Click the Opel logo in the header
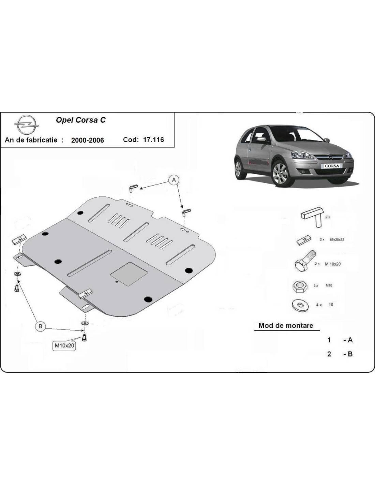[27, 125]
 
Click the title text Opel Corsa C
[81, 120]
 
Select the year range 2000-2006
[88, 140]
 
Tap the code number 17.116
[153, 140]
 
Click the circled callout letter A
[174, 180]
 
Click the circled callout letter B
[40, 326]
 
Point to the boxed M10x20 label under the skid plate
[64, 345]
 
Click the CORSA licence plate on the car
[332, 166]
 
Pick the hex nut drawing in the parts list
[300, 286]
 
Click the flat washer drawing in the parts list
[300, 305]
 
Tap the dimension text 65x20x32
[337, 239]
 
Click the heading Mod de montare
[286, 325]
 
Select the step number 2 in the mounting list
[329, 354]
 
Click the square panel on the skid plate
[129, 274]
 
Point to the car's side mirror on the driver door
[261, 139]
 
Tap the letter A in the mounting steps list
[350, 340]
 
